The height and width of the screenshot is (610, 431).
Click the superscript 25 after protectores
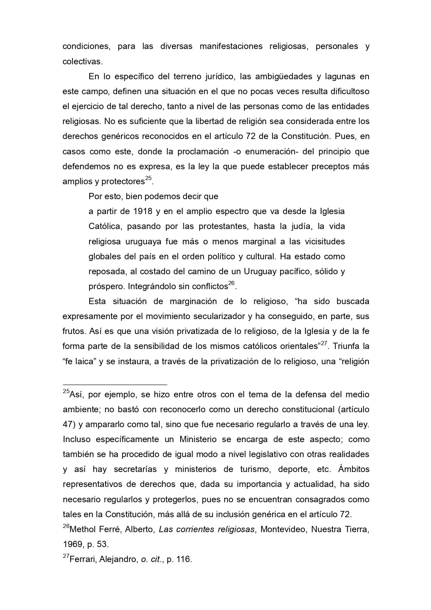[x=148, y=178]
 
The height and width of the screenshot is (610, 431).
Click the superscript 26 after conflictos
[x=232, y=284]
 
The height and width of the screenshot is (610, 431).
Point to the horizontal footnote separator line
[x=115, y=385]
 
